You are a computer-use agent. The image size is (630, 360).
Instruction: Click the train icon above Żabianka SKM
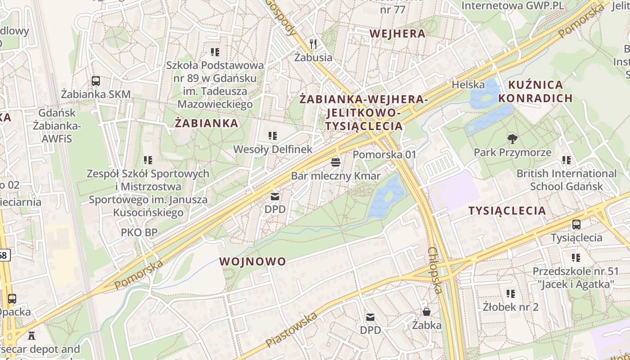click(96, 81)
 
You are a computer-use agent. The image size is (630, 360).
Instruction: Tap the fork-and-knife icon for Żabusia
click(314, 44)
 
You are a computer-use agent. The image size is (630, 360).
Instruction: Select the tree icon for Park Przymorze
click(512, 139)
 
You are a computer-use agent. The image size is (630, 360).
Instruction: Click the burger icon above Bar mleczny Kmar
click(336, 162)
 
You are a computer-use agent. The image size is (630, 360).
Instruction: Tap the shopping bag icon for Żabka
click(426, 311)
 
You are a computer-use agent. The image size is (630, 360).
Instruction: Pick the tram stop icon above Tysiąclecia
click(576, 224)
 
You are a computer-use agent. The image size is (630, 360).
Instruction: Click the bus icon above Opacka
click(12, 298)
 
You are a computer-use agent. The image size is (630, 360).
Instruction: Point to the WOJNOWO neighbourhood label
click(252, 261)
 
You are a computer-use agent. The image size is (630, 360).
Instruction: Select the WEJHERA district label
click(397, 33)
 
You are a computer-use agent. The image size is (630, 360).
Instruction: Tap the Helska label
click(468, 84)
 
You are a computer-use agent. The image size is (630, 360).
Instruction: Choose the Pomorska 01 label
click(384, 154)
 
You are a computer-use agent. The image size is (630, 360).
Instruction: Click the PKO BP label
click(139, 232)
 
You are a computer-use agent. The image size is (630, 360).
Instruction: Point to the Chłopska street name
click(436, 270)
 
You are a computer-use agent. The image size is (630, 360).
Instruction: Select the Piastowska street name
click(291, 330)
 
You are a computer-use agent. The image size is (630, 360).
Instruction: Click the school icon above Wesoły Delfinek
click(272, 135)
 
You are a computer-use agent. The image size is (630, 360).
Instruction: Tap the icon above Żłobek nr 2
click(510, 294)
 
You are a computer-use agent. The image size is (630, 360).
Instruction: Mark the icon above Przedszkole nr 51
click(576, 258)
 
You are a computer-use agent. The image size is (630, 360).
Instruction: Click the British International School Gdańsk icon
click(566, 160)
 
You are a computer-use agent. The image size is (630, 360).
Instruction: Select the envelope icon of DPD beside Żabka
click(370, 317)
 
